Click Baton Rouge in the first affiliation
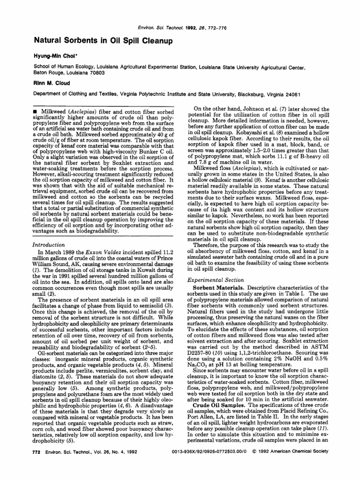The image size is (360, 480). [50, 73]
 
